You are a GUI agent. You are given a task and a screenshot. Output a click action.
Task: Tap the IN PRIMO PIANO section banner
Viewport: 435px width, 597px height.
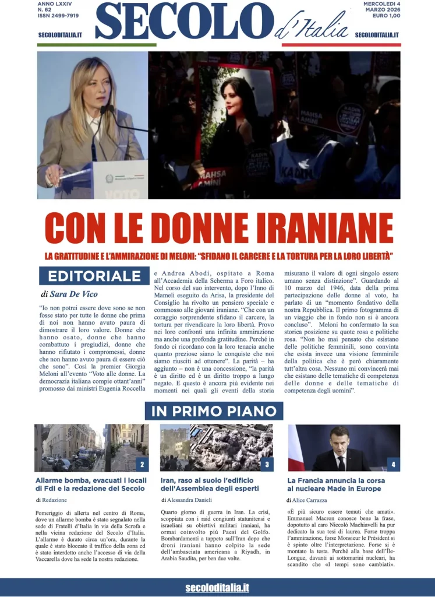tap(214, 411)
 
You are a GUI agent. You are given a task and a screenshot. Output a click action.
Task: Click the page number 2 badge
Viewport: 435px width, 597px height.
tap(142, 465)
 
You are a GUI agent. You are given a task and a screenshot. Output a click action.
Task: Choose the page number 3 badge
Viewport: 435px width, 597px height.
tap(266, 465)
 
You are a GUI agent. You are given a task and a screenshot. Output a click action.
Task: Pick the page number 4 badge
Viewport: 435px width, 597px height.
tap(393, 465)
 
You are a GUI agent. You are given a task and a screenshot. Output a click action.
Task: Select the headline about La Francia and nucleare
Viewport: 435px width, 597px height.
tap(335, 484)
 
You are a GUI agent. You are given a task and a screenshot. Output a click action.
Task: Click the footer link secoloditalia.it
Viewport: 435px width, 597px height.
tap(217, 588)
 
